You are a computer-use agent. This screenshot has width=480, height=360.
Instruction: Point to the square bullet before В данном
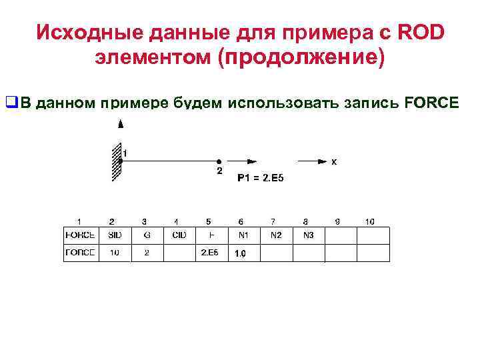(x=10, y=103)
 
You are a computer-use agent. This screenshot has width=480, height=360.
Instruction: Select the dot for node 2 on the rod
(x=219, y=161)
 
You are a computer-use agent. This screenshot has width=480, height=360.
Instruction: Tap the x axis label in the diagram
(x=334, y=161)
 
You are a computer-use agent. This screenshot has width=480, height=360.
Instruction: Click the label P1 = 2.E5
(x=265, y=178)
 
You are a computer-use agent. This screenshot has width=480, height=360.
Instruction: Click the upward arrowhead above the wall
(x=120, y=124)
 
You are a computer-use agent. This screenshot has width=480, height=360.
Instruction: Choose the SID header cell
(x=115, y=235)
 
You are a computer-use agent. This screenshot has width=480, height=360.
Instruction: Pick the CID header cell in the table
(x=179, y=235)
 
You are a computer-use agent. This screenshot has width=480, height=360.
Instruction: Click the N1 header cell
(x=242, y=235)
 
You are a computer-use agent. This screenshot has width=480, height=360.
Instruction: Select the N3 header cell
(x=307, y=235)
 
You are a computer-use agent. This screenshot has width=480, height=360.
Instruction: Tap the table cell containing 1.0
(x=242, y=253)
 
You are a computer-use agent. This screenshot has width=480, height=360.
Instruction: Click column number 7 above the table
(x=273, y=221)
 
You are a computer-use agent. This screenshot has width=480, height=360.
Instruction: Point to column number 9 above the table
(x=337, y=221)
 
